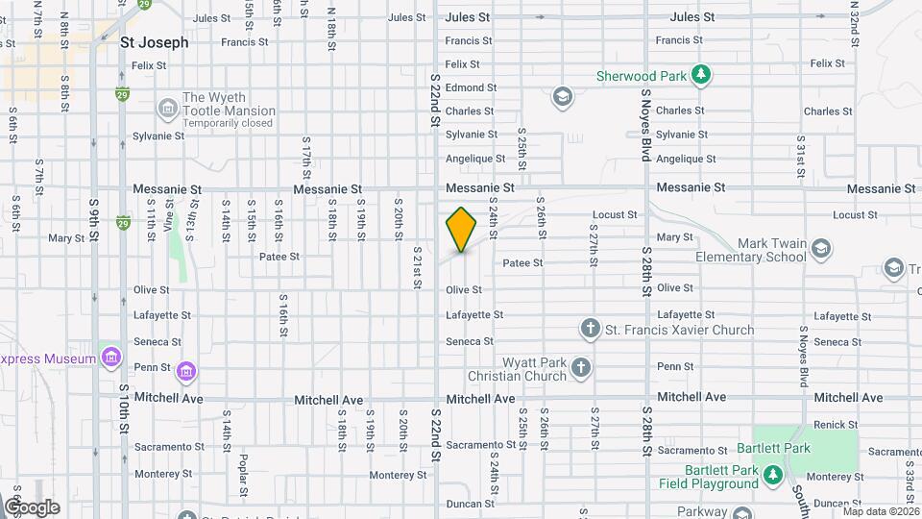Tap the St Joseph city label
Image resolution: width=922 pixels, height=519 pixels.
pos(154,42)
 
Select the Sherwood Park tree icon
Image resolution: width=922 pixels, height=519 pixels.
pos(701,75)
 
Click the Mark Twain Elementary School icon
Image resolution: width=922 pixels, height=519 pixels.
pos(821,251)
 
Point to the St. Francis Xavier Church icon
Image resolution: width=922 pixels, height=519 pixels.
pos(591,330)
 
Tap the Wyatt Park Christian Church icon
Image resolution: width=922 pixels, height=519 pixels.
pos(580,367)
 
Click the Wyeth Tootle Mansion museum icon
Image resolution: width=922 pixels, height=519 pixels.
pos(167,104)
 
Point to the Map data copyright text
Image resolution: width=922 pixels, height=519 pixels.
pos(881,511)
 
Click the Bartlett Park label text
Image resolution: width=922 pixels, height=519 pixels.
pos(774,448)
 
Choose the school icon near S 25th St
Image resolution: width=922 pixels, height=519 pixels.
pos(562,96)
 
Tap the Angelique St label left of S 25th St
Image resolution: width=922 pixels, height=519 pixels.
pos(474,159)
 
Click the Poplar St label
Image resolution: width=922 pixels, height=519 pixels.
pos(244,471)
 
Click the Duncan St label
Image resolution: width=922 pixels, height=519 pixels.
pos(470,504)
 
